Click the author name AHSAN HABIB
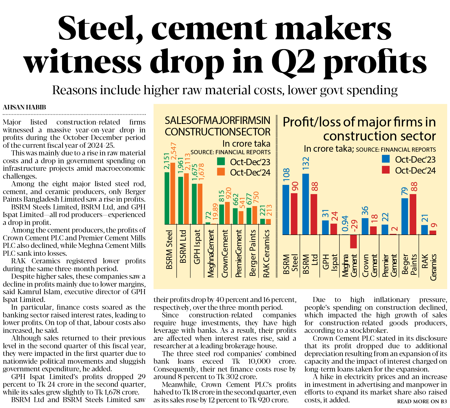coord(24,107)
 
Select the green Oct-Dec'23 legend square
coord(221,162)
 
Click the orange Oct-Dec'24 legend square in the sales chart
coord(221,172)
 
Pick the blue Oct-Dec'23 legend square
coord(386,159)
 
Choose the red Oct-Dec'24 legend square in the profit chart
coord(386,170)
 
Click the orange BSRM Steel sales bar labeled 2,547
coord(173,193)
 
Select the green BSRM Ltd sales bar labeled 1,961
coord(181,200)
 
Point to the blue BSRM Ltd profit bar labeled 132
coord(306,204)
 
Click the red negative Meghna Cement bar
coord(353,241)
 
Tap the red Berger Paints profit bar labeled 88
coord(413,214)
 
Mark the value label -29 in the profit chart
coord(354,226)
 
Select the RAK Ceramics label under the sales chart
coord(266,253)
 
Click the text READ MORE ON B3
coord(422,402)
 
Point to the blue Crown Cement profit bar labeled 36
coord(365,226)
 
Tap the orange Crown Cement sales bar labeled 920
coord(227,213)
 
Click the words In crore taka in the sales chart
coord(246,144)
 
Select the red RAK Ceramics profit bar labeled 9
coord(433,232)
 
